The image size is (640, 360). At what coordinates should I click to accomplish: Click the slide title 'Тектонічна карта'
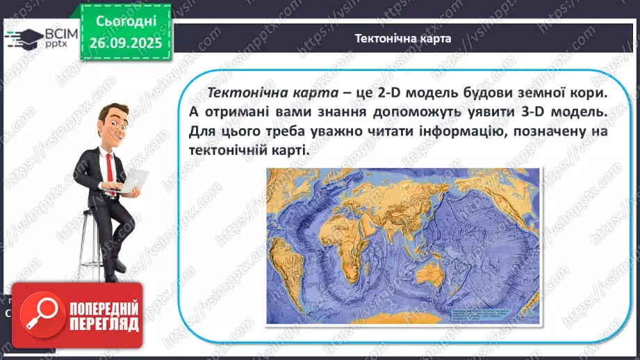click(x=403, y=39)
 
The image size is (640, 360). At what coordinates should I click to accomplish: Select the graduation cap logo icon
click(x=22, y=37)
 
